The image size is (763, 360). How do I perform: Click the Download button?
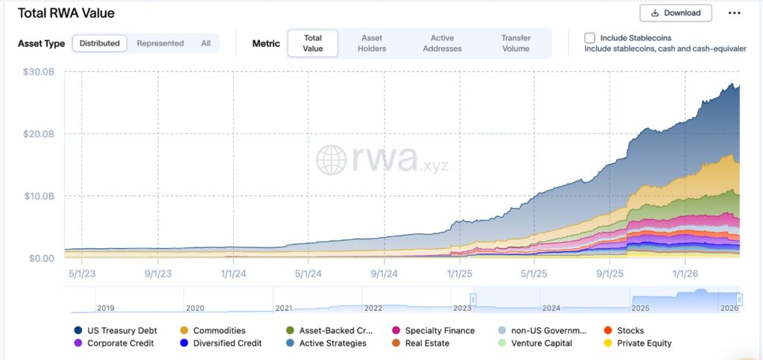click(675, 13)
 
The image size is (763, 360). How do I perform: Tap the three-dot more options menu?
click(735, 13)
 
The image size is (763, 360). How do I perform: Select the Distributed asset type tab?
click(99, 43)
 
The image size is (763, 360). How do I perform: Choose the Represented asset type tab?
click(160, 43)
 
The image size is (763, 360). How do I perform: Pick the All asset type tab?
click(206, 43)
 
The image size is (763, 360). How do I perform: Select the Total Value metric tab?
click(313, 43)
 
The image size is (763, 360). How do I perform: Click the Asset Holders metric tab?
click(372, 43)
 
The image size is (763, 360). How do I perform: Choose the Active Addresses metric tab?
click(442, 43)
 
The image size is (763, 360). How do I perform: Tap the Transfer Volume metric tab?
click(516, 43)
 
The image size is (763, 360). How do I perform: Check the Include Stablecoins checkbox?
click(589, 38)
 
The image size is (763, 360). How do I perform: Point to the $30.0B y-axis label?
click(39, 72)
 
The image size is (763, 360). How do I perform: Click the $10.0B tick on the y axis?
click(39, 196)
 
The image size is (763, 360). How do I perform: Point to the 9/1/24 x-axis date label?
click(384, 273)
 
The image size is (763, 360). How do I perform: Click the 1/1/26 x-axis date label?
click(686, 273)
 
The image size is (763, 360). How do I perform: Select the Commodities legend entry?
click(218, 330)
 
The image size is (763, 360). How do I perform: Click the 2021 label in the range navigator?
click(283, 308)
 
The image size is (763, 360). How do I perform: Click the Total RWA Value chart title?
click(66, 13)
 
